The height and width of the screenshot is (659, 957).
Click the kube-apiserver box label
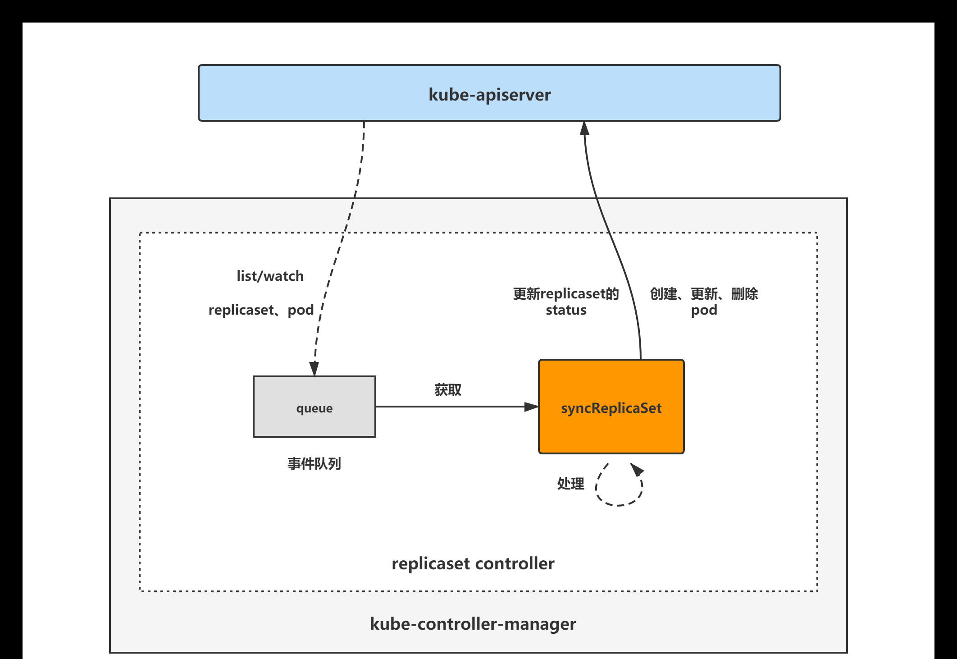pyautogui.click(x=490, y=95)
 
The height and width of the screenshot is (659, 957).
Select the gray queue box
pyautogui.click(x=314, y=407)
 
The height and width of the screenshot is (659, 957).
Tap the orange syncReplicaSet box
pyautogui.click(x=611, y=407)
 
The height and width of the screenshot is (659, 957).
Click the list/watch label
pyautogui.click(x=270, y=276)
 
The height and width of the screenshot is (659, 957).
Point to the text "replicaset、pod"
pyautogui.click(x=261, y=310)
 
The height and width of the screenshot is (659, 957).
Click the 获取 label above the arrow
pyautogui.click(x=448, y=390)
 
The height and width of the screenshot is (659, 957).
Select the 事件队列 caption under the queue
pyautogui.click(x=314, y=464)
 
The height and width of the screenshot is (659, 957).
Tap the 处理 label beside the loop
pyautogui.click(x=571, y=484)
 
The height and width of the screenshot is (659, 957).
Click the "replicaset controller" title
pyautogui.click(x=473, y=564)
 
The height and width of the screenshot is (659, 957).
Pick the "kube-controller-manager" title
pyautogui.click(x=473, y=624)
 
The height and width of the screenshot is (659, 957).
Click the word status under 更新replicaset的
pyautogui.click(x=566, y=310)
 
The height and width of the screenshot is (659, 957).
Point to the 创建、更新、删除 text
pyautogui.click(x=704, y=294)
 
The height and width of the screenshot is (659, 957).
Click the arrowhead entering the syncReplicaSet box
pyautogui.click(x=532, y=407)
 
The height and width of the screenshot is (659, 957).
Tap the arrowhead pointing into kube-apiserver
pyautogui.click(x=584, y=128)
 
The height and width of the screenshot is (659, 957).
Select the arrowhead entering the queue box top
pyautogui.click(x=314, y=369)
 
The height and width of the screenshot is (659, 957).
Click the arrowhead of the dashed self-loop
pyautogui.click(x=637, y=470)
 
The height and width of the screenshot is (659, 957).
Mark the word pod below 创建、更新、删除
pyautogui.click(x=704, y=311)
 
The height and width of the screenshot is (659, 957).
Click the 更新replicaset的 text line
pyautogui.click(x=566, y=294)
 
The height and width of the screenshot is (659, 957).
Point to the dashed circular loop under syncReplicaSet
pyautogui.click(x=618, y=505)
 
